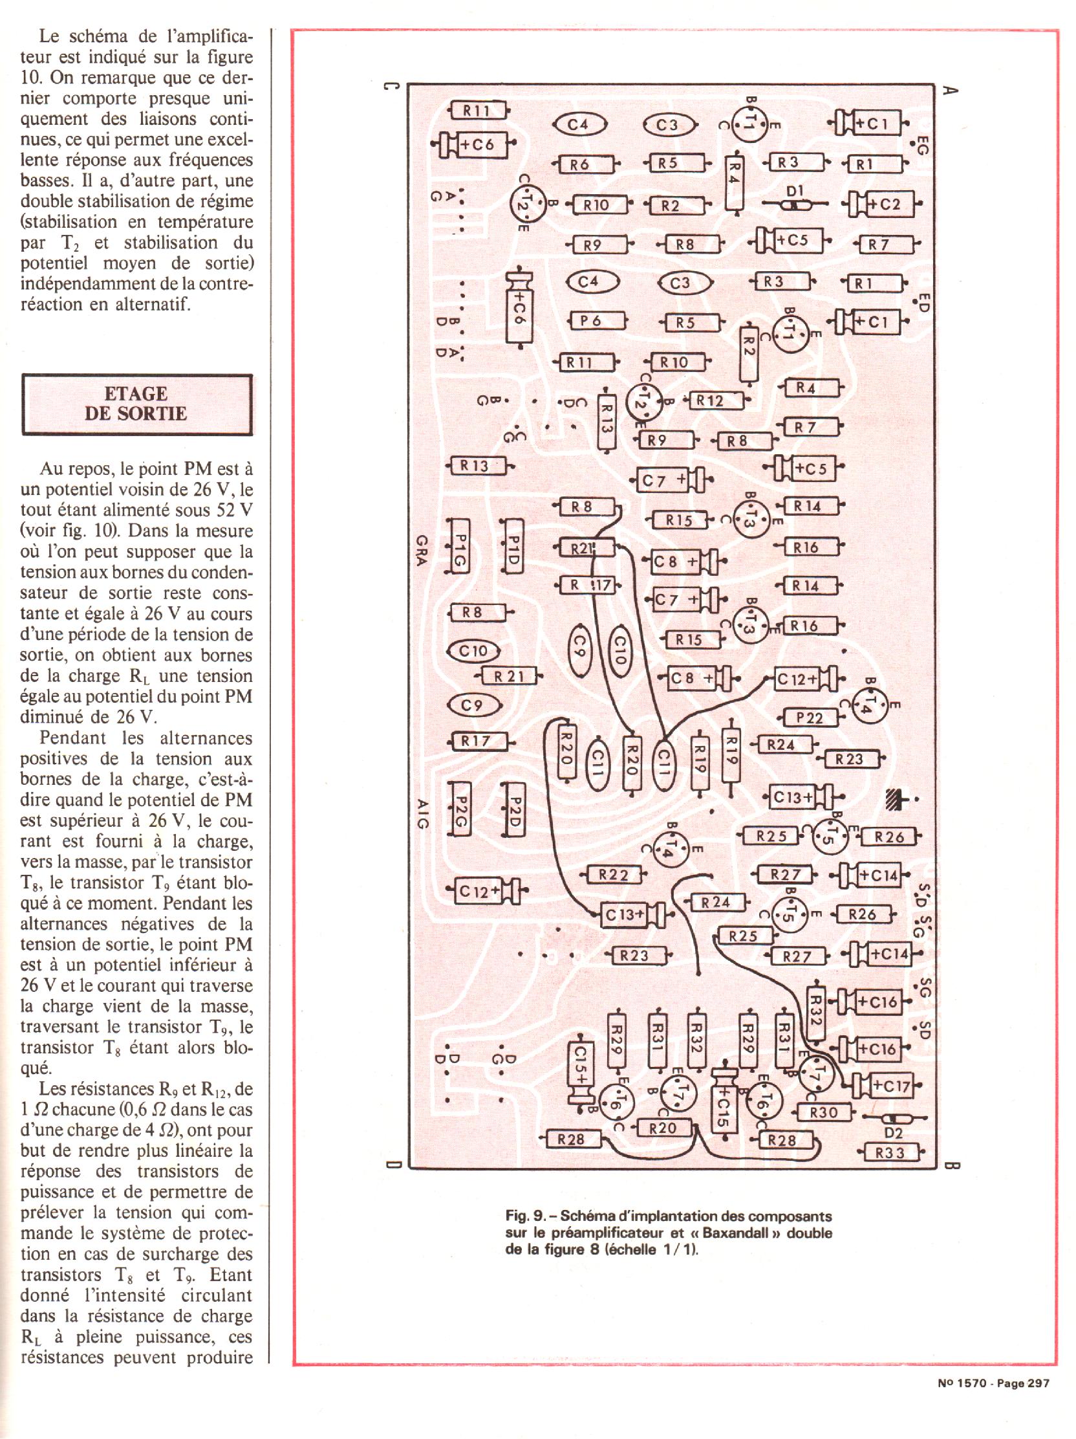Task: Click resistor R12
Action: pyautogui.click(x=710, y=401)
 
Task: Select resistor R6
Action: pyautogui.click(x=579, y=164)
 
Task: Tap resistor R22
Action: pyautogui.click(x=614, y=874)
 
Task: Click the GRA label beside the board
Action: pyautogui.click(x=420, y=551)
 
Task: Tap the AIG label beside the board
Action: pyautogui.click(x=421, y=814)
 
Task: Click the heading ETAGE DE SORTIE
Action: pyautogui.click(x=136, y=404)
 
